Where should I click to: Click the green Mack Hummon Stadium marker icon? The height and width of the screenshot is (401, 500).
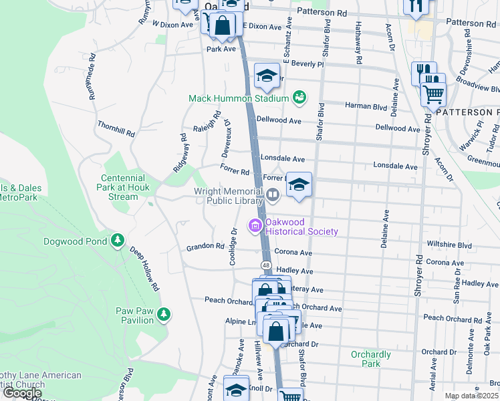pyautogui.click(x=299, y=98)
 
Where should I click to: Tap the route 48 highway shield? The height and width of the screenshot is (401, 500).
pyautogui.click(x=266, y=266)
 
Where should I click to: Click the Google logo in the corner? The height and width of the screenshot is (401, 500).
pyautogui.click(x=21, y=393)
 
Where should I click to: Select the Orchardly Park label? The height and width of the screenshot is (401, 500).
pyautogui.click(x=370, y=359)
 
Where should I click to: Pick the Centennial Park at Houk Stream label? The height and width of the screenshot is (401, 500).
pyautogui.click(x=122, y=188)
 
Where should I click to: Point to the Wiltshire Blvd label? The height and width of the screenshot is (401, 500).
pyautogui.click(x=449, y=245)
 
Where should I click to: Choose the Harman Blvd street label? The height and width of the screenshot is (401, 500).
pyautogui.click(x=366, y=106)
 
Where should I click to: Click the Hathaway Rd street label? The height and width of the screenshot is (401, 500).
pyautogui.click(x=360, y=50)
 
